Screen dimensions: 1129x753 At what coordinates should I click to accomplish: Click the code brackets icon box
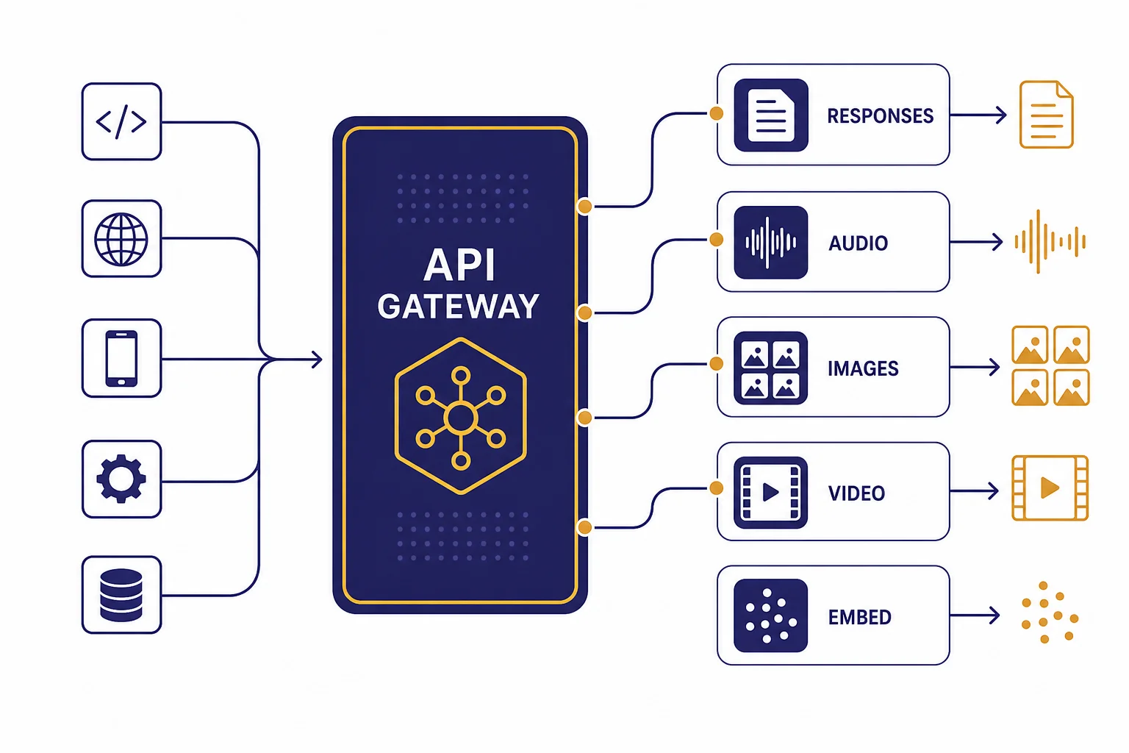coord(121,121)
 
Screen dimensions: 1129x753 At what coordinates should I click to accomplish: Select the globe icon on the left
coord(121,239)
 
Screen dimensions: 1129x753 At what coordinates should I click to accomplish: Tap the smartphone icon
coord(121,358)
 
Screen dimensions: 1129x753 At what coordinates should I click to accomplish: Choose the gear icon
coord(121,479)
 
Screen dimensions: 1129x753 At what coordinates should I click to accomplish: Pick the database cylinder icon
coord(121,595)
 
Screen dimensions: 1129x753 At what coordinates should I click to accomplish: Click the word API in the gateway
coord(459,264)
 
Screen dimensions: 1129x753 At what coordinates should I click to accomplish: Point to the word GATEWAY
coord(458,306)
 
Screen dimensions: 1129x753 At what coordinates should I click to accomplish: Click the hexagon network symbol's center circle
coord(461,418)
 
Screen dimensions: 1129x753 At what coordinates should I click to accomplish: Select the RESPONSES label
coord(880,116)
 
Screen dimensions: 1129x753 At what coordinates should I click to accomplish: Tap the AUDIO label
coord(858,243)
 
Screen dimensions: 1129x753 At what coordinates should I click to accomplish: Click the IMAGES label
coord(863,368)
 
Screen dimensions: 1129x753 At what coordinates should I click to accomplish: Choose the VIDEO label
coord(856,493)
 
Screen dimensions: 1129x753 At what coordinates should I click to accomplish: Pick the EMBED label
coord(860,618)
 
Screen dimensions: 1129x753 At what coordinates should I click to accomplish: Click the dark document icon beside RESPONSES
coord(771,115)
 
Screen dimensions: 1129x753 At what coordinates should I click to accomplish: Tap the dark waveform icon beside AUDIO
coord(771,243)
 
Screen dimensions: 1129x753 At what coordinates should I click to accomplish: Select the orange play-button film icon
coord(1050,488)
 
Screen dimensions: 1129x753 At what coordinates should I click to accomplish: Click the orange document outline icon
coord(1047,115)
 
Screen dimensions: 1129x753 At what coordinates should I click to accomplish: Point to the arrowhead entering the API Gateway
coord(317,359)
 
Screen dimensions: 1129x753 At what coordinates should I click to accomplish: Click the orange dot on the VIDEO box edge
coord(716,488)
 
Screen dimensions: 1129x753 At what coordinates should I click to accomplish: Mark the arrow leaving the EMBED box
coord(975,615)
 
